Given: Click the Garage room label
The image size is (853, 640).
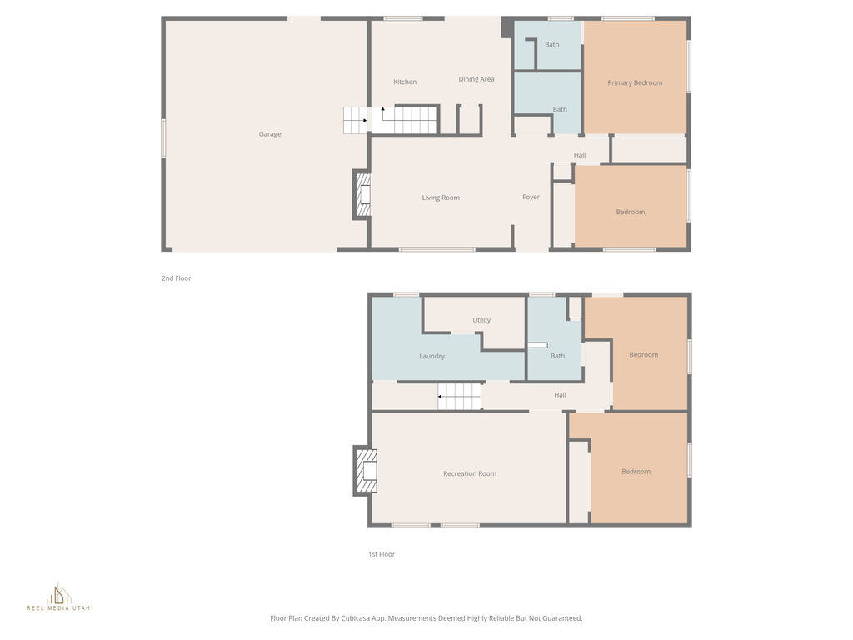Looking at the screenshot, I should [269, 134].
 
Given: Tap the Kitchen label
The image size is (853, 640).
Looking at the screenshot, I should [405, 82].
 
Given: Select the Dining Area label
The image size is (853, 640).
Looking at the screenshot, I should [476, 79].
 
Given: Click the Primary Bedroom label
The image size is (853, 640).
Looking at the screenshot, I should [635, 82].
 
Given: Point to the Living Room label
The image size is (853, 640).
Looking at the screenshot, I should [441, 197].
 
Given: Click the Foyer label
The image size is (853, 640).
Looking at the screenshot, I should [531, 197].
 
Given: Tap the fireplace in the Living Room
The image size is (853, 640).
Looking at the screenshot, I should [362, 195].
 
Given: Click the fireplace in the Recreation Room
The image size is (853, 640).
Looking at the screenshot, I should [366, 472].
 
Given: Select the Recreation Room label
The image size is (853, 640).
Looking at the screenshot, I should [469, 473].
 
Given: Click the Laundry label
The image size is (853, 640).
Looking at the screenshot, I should [431, 356].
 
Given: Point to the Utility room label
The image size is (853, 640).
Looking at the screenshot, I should [481, 320].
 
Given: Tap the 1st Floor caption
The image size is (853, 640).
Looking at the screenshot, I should [382, 554].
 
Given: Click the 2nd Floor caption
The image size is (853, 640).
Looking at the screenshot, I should [176, 278].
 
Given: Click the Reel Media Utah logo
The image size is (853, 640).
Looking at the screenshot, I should [58, 598].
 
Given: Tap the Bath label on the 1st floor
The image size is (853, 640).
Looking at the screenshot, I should [557, 356].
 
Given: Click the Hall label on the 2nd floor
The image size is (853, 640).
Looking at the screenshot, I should [580, 155].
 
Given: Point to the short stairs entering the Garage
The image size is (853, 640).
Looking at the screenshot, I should [356, 121].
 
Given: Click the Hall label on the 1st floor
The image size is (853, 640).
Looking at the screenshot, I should [560, 395].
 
